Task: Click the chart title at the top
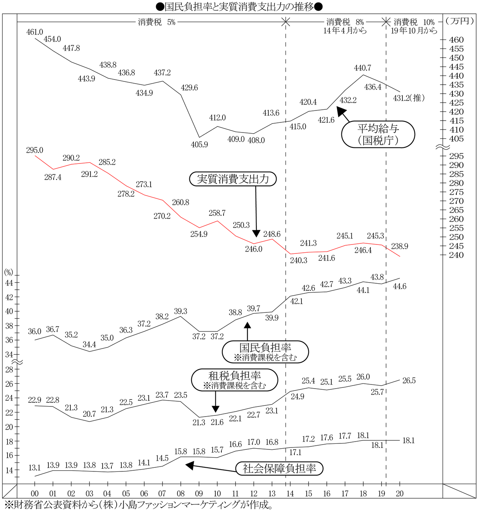tap(238, 6)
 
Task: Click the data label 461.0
tap(35, 32)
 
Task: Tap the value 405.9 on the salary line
tap(199, 144)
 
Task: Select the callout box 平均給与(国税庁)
tap(378, 134)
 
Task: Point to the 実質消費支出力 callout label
tap(233, 179)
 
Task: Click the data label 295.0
tap(35, 150)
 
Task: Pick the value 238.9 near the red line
tap(399, 246)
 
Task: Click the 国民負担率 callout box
tap(265, 352)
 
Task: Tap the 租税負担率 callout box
tap(234, 380)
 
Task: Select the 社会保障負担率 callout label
tap(279, 468)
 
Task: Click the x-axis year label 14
tap(290, 494)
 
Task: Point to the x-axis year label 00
tap(35, 494)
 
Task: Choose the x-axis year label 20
tap(399, 494)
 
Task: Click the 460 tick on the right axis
tap(456, 40)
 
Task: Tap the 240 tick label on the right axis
tap(456, 255)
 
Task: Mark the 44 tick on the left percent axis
tap(9, 283)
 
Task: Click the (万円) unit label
tap(459, 21)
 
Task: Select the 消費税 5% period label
tap(157, 22)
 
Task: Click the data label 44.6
tap(399, 286)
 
